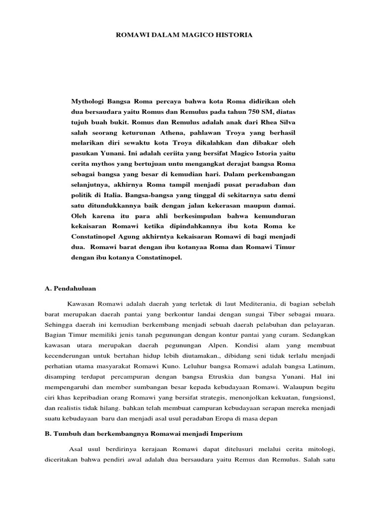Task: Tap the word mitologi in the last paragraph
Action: click(321, 449)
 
